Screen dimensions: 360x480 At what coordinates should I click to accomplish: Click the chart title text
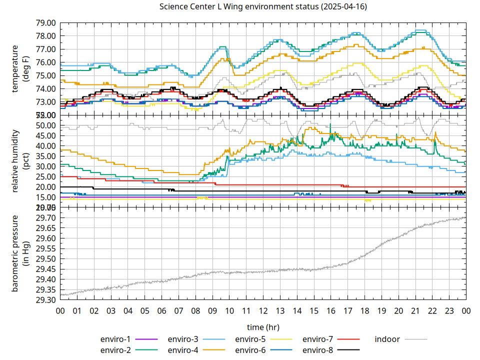tap(263, 7)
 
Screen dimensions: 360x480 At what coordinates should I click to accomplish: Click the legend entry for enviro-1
tap(115, 339)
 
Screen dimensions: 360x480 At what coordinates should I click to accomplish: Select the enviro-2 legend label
tap(115, 350)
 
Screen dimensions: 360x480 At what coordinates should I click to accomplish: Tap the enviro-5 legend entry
tap(250, 339)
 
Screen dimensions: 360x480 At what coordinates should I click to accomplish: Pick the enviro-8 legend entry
tap(318, 350)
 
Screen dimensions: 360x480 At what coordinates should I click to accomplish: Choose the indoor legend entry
tap(387, 339)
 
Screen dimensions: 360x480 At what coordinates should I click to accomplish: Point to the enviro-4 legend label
tap(183, 350)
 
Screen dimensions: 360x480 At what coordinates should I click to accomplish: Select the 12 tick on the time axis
tap(263, 310)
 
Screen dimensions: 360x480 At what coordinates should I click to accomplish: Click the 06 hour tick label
tap(161, 310)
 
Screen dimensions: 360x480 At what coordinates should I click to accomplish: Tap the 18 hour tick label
tap(364, 310)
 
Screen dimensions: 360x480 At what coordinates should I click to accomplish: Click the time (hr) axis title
tap(263, 327)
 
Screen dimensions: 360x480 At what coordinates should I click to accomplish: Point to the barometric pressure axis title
tap(20, 253)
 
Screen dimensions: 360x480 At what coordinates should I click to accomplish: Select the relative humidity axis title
tap(20, 161)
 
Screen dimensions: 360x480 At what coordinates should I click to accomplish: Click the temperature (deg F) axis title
tap(20, 69)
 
